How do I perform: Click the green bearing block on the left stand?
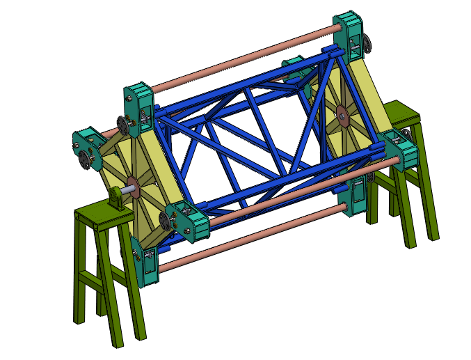point(116,201)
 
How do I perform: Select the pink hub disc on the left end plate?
point(134,186)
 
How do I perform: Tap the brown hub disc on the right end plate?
point(342,114)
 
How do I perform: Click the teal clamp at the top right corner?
point(351,35)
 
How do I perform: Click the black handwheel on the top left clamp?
point(125,126)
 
